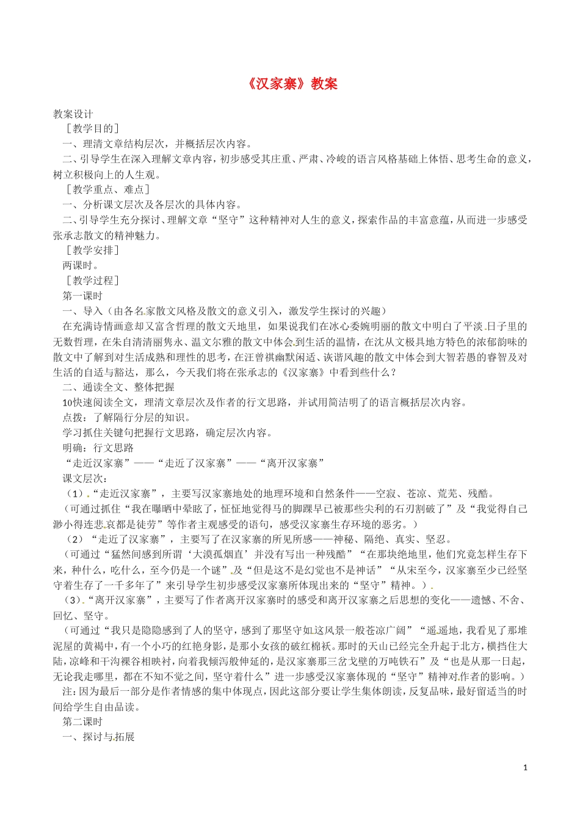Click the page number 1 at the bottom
coord(525,767)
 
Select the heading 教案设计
coord(73,114)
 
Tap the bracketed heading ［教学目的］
coord(93,128)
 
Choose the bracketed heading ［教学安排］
coord(93,250)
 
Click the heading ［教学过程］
coord(93,281)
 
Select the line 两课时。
coord(81,266)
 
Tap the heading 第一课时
coord(83,296)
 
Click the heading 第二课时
coord(83,722)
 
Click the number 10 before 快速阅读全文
coord(68,403)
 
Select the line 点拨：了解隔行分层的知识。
coord(127,418)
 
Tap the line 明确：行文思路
coord(98,448)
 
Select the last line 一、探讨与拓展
coord(98,737)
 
